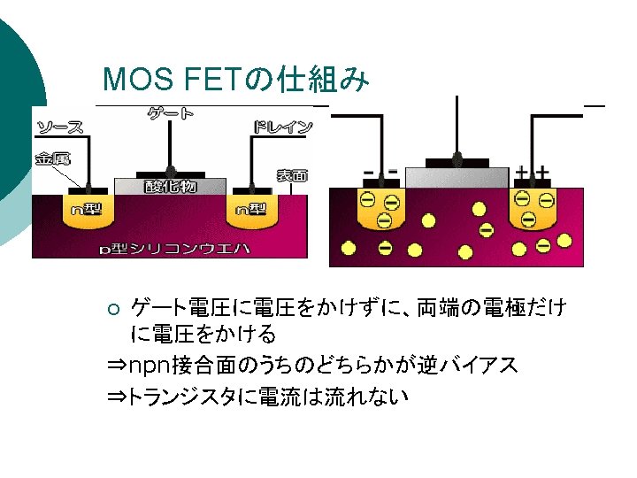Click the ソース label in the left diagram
(60, 127)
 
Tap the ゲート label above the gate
(171, 113)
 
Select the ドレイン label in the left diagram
(282, 127)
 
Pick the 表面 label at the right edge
(292, 175)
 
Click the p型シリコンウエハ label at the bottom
(173, 249)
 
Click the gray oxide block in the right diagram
(457, 178)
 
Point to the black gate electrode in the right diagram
(457, 162)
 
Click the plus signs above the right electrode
(533, 172)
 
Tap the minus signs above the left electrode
(380, 171)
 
